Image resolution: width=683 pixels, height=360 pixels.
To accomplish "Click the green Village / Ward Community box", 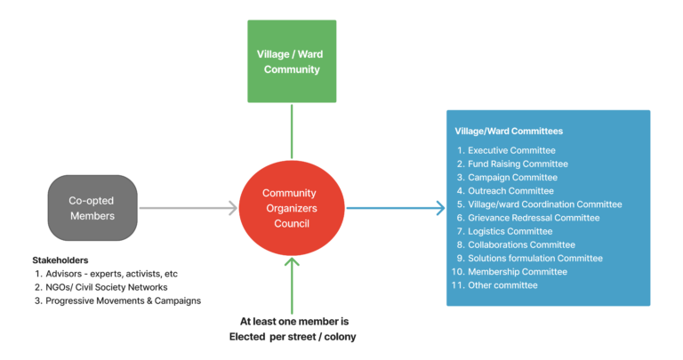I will pos(291,61).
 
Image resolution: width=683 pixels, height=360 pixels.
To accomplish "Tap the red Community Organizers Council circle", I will pos(289,208).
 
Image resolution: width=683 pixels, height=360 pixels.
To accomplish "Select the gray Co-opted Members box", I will pos(92,208).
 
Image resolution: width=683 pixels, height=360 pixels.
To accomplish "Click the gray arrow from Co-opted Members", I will pos(187,208).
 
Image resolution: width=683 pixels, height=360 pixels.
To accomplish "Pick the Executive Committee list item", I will pos(511,150).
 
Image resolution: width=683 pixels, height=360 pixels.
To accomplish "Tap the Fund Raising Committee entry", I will pos(518,164).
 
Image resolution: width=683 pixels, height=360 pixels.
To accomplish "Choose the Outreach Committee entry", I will pos(510,191).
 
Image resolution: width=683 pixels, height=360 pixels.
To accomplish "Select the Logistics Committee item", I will pos(510,231).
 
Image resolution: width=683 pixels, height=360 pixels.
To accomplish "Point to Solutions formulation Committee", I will pos(535,259).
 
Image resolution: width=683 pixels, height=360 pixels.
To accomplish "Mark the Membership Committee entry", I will pos(517,272).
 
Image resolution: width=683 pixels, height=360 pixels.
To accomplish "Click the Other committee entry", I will pos(502,285).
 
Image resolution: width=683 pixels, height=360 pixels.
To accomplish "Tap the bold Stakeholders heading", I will pos(60,260).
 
